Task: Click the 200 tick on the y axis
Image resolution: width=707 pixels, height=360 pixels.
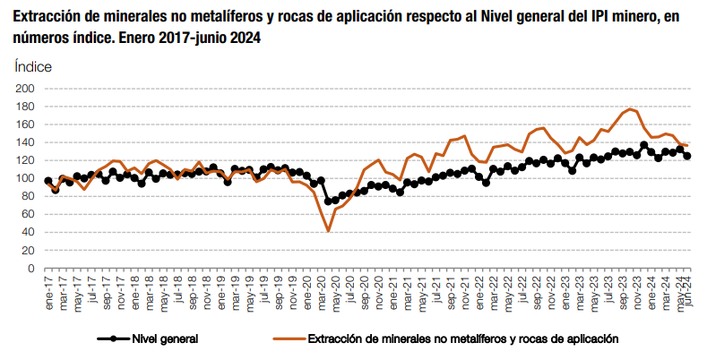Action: point(24,89)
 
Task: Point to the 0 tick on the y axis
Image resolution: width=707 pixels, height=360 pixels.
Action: point(30,268)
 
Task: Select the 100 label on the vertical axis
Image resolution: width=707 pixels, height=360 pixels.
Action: point(24,178)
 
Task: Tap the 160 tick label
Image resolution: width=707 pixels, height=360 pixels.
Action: point(24,124)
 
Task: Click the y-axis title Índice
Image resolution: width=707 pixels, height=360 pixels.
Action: point(33,66)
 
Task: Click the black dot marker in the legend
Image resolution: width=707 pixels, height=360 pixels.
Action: point(113,339)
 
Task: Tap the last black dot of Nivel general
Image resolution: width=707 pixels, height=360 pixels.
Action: point(687,156)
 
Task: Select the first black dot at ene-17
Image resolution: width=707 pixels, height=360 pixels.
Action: point(47,181)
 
